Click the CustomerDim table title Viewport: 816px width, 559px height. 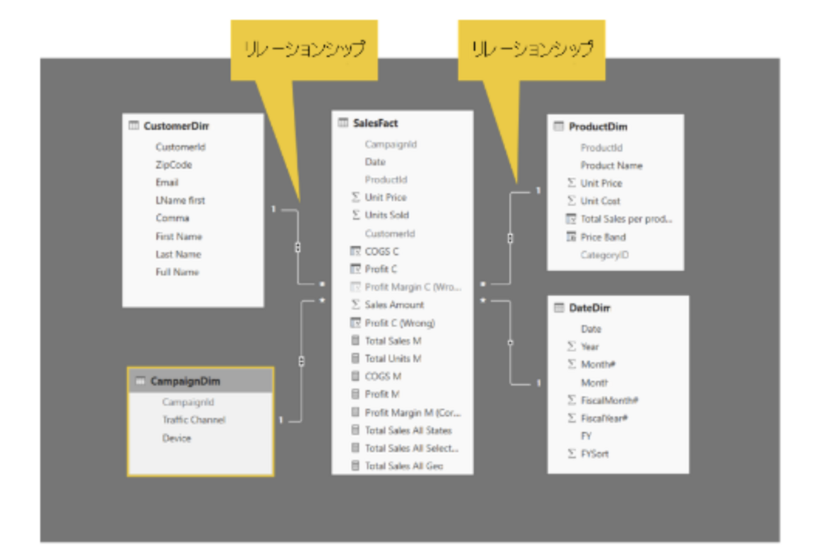[176, 126]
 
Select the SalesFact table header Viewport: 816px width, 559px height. [375, 123]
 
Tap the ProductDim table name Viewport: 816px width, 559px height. [598, 126]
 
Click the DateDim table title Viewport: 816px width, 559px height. [589, 308]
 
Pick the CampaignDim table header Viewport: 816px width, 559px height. [185, 381]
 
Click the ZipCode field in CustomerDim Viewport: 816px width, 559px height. [173, 165]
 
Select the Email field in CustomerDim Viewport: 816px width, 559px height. [167, 182]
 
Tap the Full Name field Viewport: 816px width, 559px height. [177, 272]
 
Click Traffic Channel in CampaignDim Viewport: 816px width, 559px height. [194, 420]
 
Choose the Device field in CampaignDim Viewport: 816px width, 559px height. [177, 438]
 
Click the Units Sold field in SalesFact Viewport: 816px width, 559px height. [386, 215]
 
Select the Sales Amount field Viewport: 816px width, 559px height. [394, 305]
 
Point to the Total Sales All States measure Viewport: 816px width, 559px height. [408, 430]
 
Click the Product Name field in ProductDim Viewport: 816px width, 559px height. [611, 165]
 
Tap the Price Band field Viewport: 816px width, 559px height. [603, 237]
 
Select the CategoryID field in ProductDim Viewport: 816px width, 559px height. [605, 255]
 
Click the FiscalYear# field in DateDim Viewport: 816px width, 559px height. [604, 418]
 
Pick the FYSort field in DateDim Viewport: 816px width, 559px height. [594, 454]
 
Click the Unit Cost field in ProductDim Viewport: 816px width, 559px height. [600, 201]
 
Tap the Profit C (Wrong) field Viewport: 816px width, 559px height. [400, 323]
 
